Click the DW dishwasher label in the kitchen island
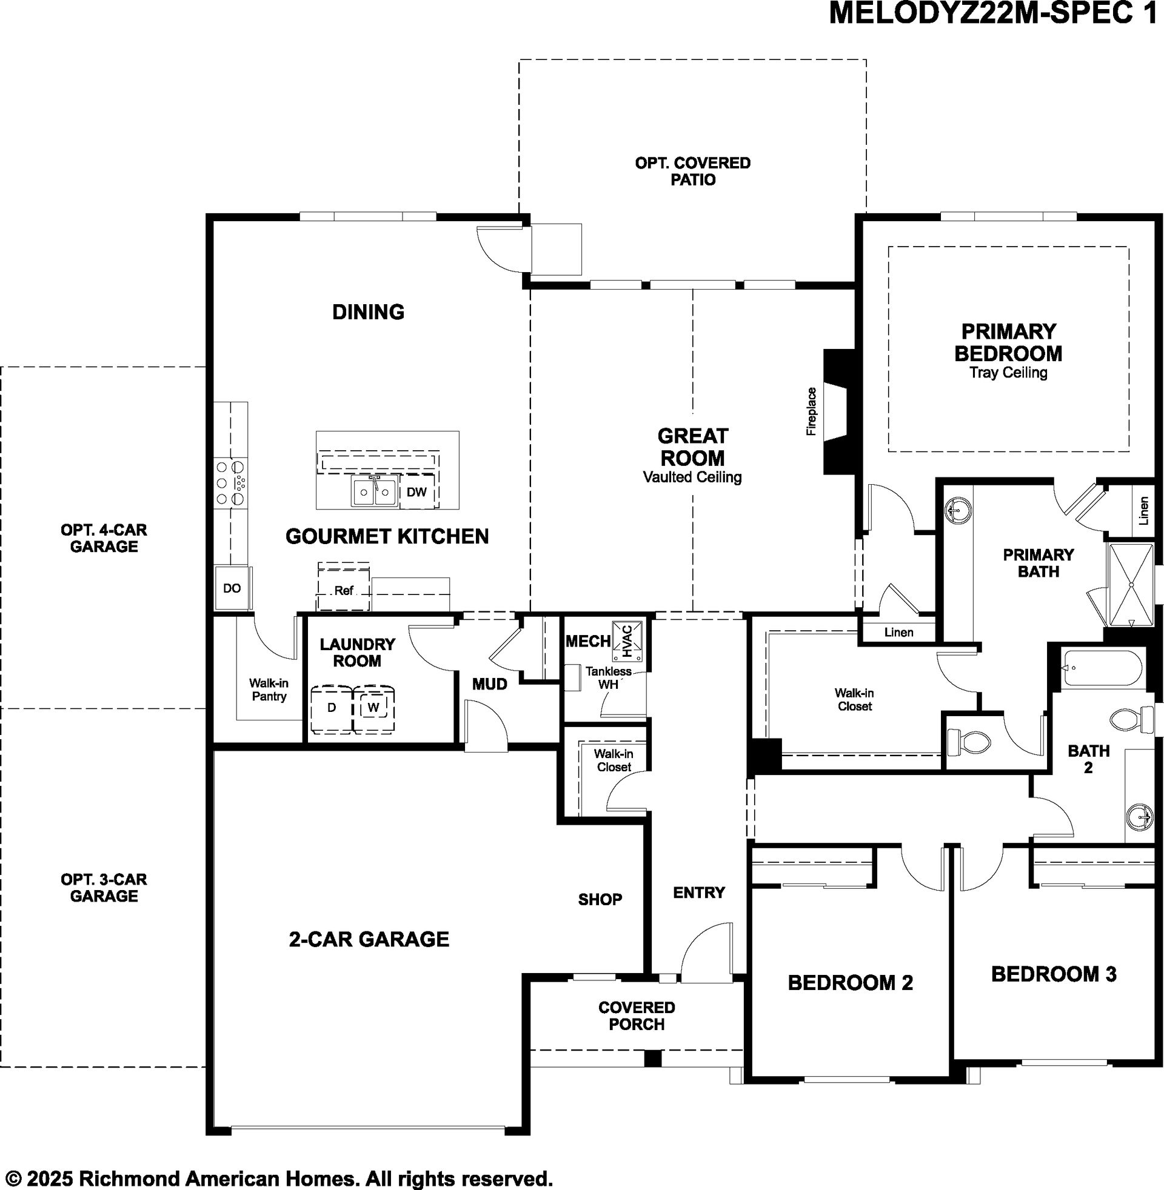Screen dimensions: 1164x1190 click(x=416, y=492)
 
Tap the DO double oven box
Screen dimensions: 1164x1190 click(x=232, y=588)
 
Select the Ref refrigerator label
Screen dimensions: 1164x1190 click(x=344, y=591)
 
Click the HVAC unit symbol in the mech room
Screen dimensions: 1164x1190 click(x=627, y=641)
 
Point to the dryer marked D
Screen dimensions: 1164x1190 click(x=332, y=709)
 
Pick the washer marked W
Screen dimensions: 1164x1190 click(x=373, y=709)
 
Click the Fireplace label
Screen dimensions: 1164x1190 click(x=811, y=412)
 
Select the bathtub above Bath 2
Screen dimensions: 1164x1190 click(x=1102, y=669)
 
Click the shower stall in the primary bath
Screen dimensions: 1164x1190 click(x=1131, y=585)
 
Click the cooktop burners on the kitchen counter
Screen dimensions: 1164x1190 click(x=232, y=483)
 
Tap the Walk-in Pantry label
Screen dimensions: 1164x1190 click(x=269, y=690)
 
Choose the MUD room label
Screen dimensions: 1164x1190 click(x=490, y=684)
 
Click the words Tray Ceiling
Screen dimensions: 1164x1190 click(x=1009, y=373)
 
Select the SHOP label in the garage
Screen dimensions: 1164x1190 click(x=600, y=899)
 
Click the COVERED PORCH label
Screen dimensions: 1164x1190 click(x=637, y=1015)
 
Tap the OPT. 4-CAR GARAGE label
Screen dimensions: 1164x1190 click(x=104, y=537)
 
